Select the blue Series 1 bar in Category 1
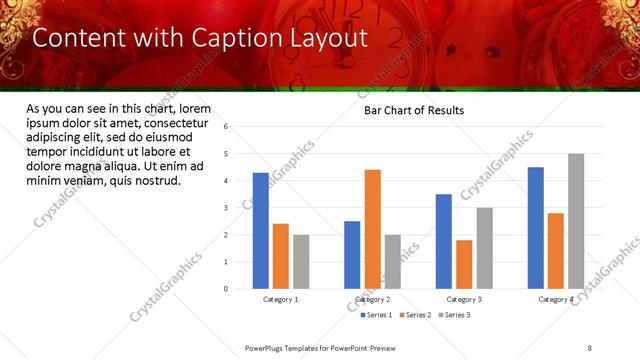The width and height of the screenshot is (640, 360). coord(261,231)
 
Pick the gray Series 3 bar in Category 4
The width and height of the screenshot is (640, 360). coord(576,221)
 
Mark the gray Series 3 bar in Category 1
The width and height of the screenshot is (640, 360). coord(301,262)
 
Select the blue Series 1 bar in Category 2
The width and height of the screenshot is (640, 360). coord(352,255)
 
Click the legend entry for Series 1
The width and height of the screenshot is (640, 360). coord(378,315)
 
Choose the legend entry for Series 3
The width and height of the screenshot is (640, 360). coord(455,315)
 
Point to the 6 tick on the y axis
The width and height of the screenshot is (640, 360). coord(226,127)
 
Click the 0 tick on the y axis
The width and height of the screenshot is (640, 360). coord(226,289)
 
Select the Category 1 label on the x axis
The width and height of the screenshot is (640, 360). coord(281,299)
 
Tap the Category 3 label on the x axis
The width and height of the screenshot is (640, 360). coord(464,299)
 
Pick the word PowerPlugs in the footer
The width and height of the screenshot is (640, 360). coord(267,347)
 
